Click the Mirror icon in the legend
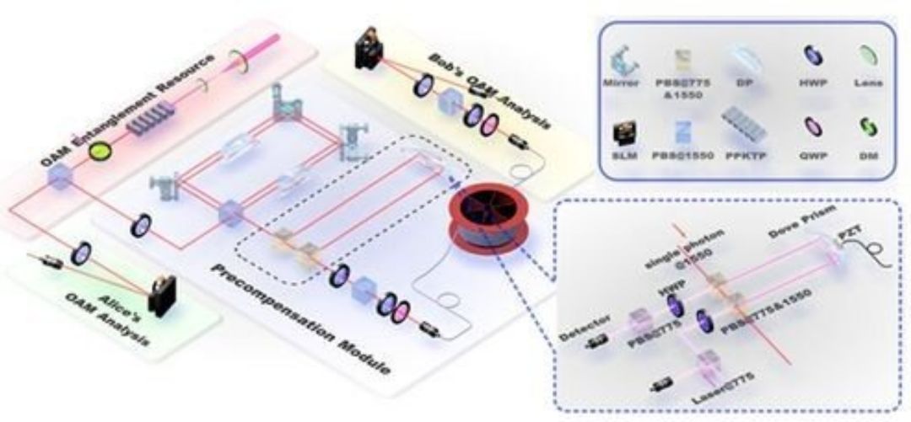[x=625, y=58]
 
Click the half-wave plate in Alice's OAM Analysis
[x=85, y=250]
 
